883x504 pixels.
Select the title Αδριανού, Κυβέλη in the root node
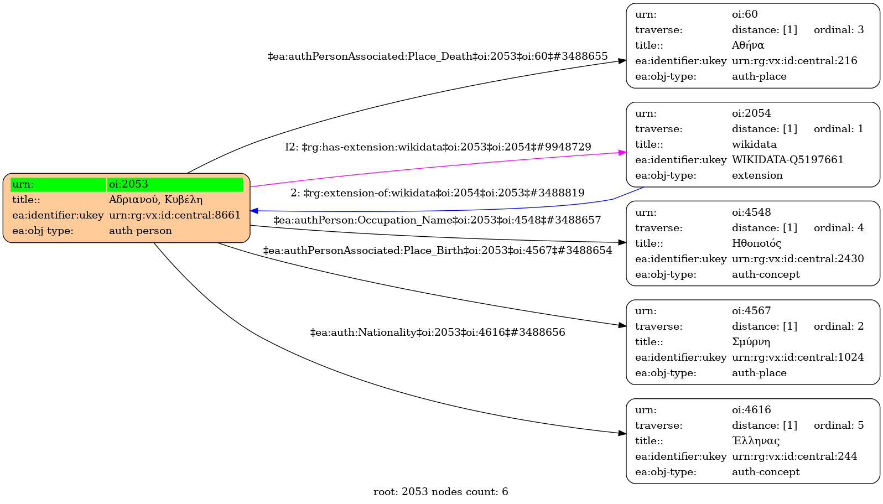click(x=155, y=200)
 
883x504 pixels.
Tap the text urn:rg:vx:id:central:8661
click(x=175, y=215)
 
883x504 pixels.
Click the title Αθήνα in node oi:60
click(x=747, y=45)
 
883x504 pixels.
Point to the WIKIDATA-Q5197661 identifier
click(x=787, y=160)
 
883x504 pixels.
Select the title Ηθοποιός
click(x=756, y=243)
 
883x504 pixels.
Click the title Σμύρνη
click(x=751, y=342)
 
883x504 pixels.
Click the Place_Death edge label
click(x=438, y=56)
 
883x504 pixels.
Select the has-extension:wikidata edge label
click(x=438, y=147)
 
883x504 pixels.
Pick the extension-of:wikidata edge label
click(x=438, y=193)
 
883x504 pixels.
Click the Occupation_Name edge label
click(x=437, y=220)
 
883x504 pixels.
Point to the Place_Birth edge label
click(x=438, y=251)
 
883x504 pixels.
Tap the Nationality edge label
click(x=438, y=332)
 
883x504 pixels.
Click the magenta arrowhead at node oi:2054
click(x=622, y=152)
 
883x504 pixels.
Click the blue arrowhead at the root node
click(x=254, y=211)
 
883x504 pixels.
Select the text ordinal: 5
click(x=838, y=425)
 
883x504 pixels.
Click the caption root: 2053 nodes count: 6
click(x=440, y=492)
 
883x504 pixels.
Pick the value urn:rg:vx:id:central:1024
click(x=797, y=357)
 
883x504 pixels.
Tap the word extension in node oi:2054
click(x=757, y=175)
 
